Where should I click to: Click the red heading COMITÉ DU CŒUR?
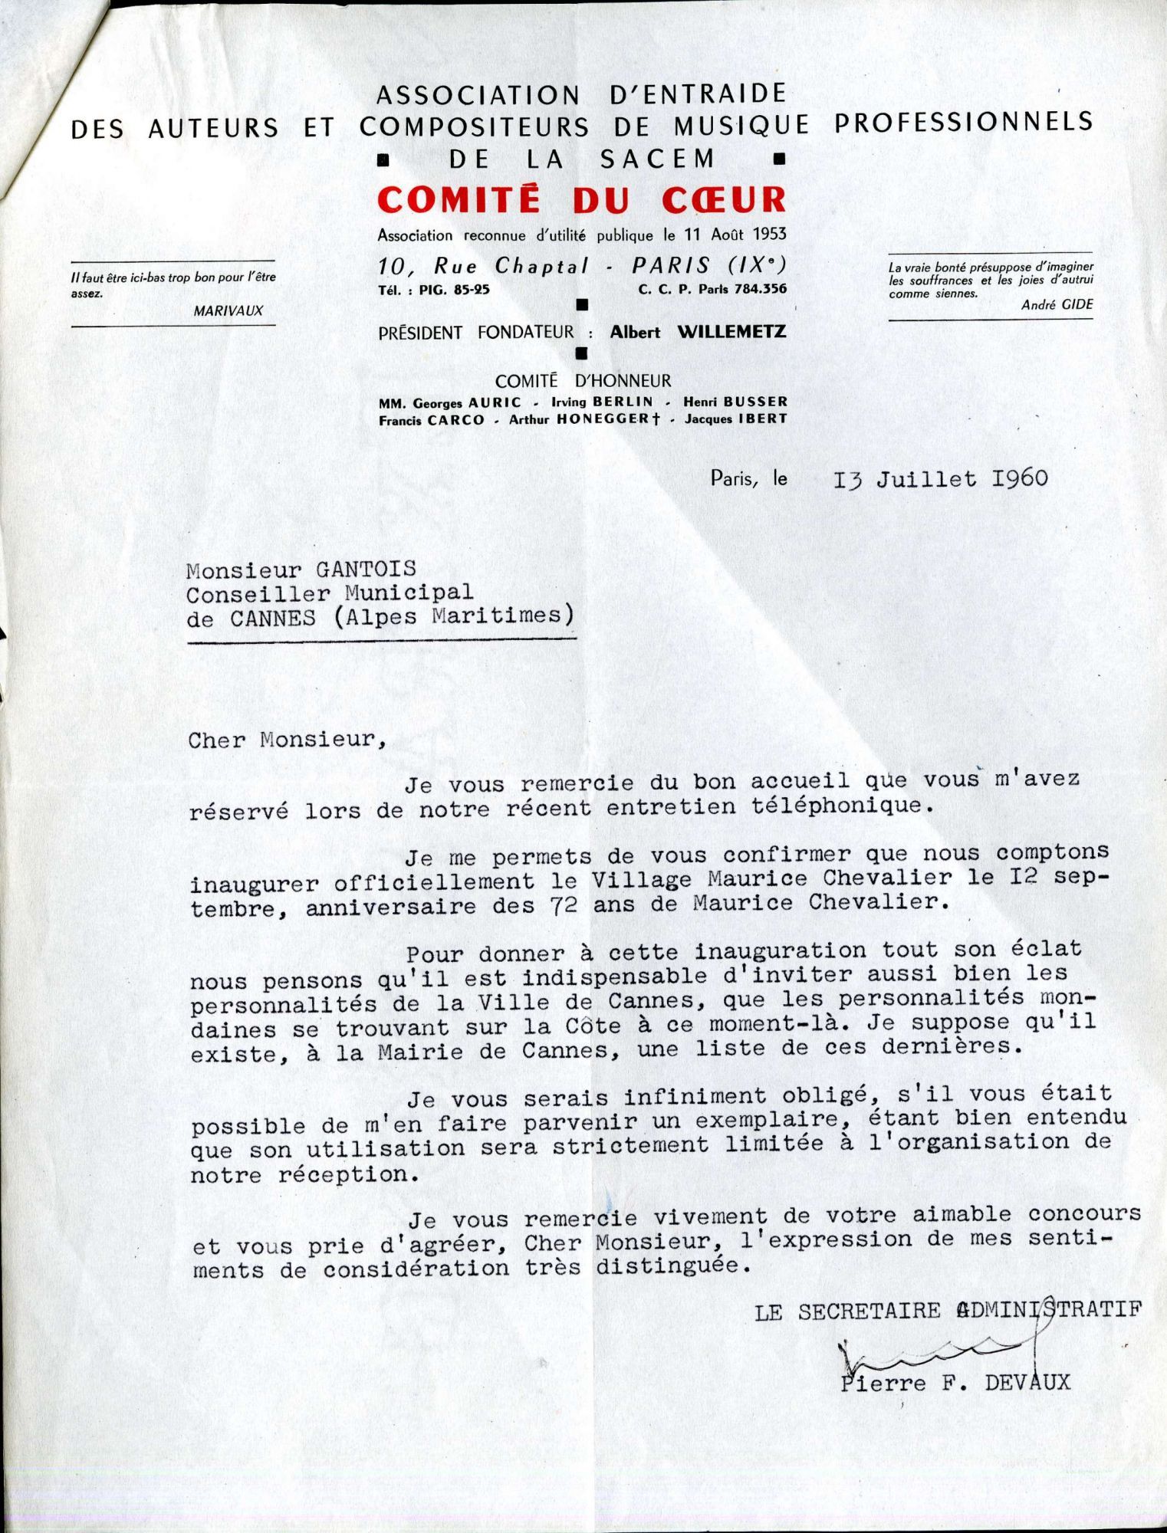581,200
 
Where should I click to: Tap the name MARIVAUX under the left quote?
228,310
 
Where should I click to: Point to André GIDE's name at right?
1057,305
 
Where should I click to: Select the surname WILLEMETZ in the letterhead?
731,332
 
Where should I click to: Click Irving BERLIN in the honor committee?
602,402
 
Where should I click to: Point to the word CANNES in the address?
272,618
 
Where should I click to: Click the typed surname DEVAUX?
1027,1383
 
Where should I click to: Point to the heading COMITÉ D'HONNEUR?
582,381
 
